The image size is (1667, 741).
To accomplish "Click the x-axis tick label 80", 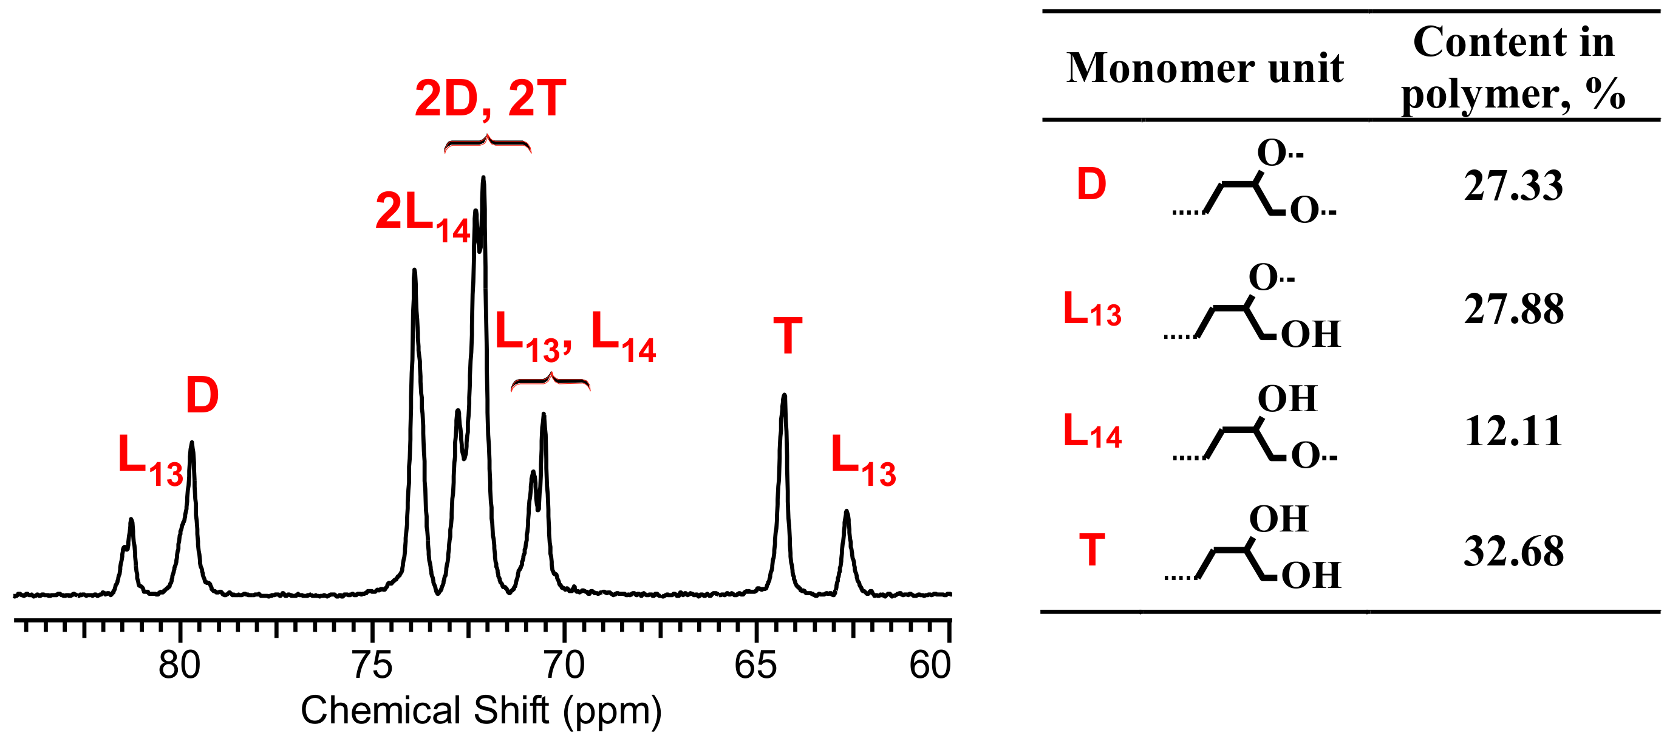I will pos(179,666).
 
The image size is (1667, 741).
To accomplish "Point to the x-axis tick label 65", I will pos(755,666).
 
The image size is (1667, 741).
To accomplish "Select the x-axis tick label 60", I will pos(930,666).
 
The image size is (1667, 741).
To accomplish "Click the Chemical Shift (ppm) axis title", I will pos(481,711).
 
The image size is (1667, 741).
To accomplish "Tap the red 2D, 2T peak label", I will pos(490,98).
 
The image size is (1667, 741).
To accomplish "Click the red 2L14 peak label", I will pos(422,216).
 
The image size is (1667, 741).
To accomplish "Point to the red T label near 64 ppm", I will pos(788,336).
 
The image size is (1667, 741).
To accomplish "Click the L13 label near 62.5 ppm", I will pos(862,461).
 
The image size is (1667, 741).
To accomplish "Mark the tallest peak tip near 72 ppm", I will pos(483,178).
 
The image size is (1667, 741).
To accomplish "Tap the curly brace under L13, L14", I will pos(550,383).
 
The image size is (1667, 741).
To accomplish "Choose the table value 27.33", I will pos(1513,186).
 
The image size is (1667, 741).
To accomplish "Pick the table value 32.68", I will pos(1513,552).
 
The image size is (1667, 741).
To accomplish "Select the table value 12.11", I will pos(1513,431).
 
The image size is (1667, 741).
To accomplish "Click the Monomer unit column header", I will pos(1205,68).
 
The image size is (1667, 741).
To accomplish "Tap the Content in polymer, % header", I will pos(1513,68).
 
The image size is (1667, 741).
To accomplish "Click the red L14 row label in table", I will pos(1092,432).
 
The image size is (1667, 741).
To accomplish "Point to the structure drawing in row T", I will pos(1252,551).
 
